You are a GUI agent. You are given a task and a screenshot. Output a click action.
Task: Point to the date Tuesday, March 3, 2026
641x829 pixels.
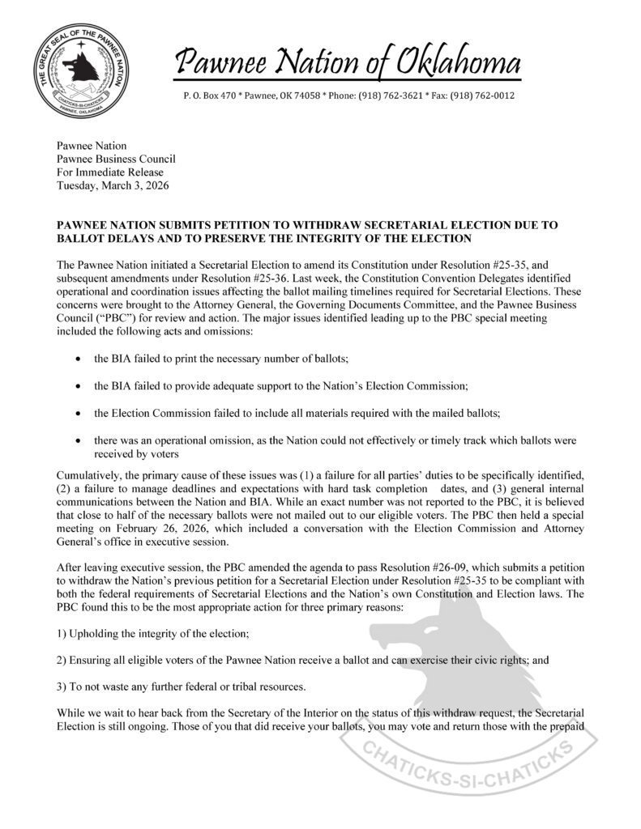click(113, 185)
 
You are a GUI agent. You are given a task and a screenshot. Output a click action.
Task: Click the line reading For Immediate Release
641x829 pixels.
click(109, 172)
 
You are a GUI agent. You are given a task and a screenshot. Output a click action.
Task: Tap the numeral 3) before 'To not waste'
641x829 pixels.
click(61, 687)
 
